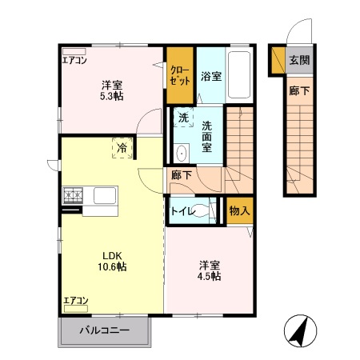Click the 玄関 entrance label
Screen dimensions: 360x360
click(299, 59)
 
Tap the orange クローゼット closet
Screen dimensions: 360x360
click(179, 75)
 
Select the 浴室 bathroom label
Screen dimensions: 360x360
click(211, 77)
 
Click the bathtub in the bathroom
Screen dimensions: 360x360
click(238, 75)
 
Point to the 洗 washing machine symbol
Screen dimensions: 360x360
click(183, 118)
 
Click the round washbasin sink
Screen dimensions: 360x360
click(181, 153)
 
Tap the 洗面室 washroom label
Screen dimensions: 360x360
click(206, 136)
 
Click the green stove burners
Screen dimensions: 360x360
click(74, 194)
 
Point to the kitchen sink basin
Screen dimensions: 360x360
click(106, 194)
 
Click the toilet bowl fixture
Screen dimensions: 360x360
click(203, 211)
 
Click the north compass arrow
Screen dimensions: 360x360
click(300, 330)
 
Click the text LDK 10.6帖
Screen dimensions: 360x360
click(111, 261)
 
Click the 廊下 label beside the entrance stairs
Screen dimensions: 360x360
click(298, 91)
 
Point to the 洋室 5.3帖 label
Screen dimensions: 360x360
click(111, 90)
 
